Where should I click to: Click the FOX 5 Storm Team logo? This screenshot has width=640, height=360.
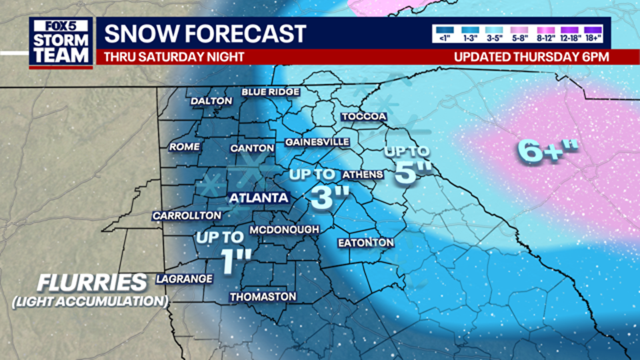pos(60,42)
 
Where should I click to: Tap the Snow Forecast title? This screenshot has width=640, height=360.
pos(205,33)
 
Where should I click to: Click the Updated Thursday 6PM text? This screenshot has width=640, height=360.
pos(531,57)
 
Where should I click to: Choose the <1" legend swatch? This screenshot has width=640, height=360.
pos(444,30)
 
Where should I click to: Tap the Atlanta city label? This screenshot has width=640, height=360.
pos(258,198)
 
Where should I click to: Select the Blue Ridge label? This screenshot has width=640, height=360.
pos(270,92)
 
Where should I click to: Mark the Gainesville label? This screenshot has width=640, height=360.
pos(317,142)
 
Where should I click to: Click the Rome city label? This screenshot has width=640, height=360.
pos(184,147)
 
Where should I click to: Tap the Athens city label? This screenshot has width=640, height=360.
pos(362,174)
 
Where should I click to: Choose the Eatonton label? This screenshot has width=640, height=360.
pos(365,243)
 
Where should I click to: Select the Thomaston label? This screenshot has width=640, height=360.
pos(263,297)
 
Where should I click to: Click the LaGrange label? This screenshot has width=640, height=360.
pos(184,279)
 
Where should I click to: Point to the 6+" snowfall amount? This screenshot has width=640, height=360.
pos(548,151)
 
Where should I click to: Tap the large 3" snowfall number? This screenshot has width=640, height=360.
pos(329,196)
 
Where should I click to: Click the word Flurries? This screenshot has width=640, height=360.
pos(92,283)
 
